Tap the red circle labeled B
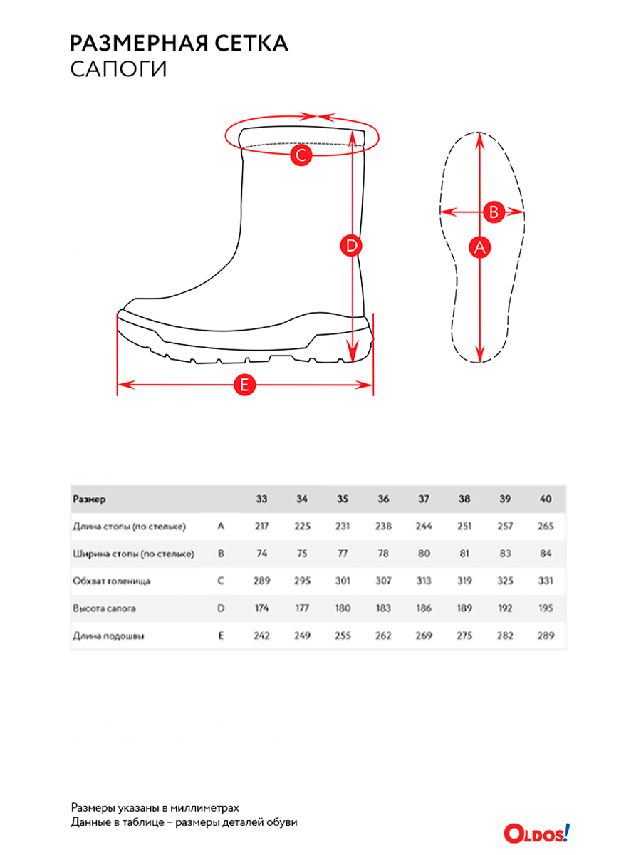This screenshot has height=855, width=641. [x=494, y=212]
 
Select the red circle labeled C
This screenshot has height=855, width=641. [x=301, y=154]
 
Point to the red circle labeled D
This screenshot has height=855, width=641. [x=350, y=247]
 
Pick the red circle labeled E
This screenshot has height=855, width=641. [x=244, y=385]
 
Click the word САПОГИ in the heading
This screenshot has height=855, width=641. [x=118, y=70]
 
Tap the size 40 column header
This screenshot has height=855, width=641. [x=546, y=499]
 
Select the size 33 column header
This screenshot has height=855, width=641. [x=262, y=499]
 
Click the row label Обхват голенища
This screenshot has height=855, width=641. [x=111, y=581]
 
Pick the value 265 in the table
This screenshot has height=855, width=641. [x=546, y=526]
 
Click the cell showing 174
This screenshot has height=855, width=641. [x=262, y=608]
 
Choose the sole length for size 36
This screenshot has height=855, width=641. [x=383, y=636]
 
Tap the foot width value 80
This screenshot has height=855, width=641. [x=424, y=554]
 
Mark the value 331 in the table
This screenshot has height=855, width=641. [x=546, y=581]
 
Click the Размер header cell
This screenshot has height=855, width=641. [x=89, y=499]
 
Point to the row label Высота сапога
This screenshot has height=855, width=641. [x=104, y=608]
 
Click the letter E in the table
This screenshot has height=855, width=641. [x=221, y=636]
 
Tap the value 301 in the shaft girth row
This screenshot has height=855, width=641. [x=343, y=581]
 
